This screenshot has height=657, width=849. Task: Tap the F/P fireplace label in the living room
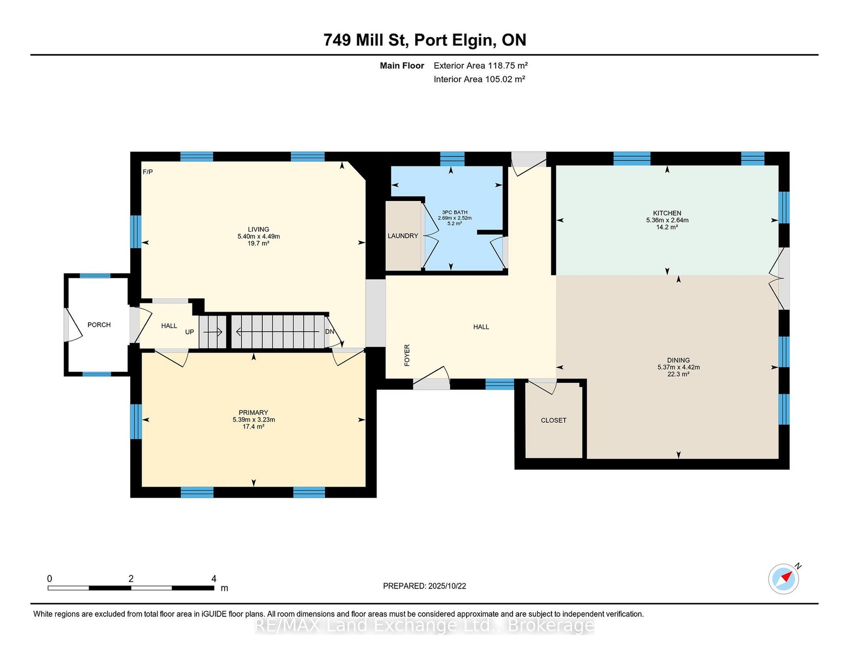click(x=148, y=172)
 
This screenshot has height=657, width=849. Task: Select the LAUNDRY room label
click(x=403, y=235)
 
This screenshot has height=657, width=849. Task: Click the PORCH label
click(x=99, y=325)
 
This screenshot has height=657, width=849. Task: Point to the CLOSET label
click(x=554, y=420)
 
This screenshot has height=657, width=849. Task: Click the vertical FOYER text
click(x=407, y=355)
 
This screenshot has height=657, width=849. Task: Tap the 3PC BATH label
click(x=455, y=212)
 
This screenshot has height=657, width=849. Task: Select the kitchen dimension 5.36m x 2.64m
click(x=667, y=220)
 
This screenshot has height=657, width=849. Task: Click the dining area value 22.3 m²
click(x=679, y=374)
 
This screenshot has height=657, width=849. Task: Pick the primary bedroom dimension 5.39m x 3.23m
click(x=254, y=419)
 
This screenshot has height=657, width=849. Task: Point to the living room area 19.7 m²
click(x=258, y=243)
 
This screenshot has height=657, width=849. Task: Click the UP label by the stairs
click(x=189, y=332)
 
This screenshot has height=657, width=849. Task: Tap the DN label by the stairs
click(x=330, y=331)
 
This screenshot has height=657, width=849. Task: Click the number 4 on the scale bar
click(x=214, y=579)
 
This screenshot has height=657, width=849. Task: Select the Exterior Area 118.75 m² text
click(x=481, y=65)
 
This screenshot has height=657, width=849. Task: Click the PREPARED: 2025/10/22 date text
click(x=425, y=586)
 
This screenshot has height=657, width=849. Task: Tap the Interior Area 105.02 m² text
click(x=479, y=79)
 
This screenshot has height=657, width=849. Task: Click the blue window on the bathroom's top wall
click(x=452, y=159)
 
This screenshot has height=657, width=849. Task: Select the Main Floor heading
click(x=402, y=65)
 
